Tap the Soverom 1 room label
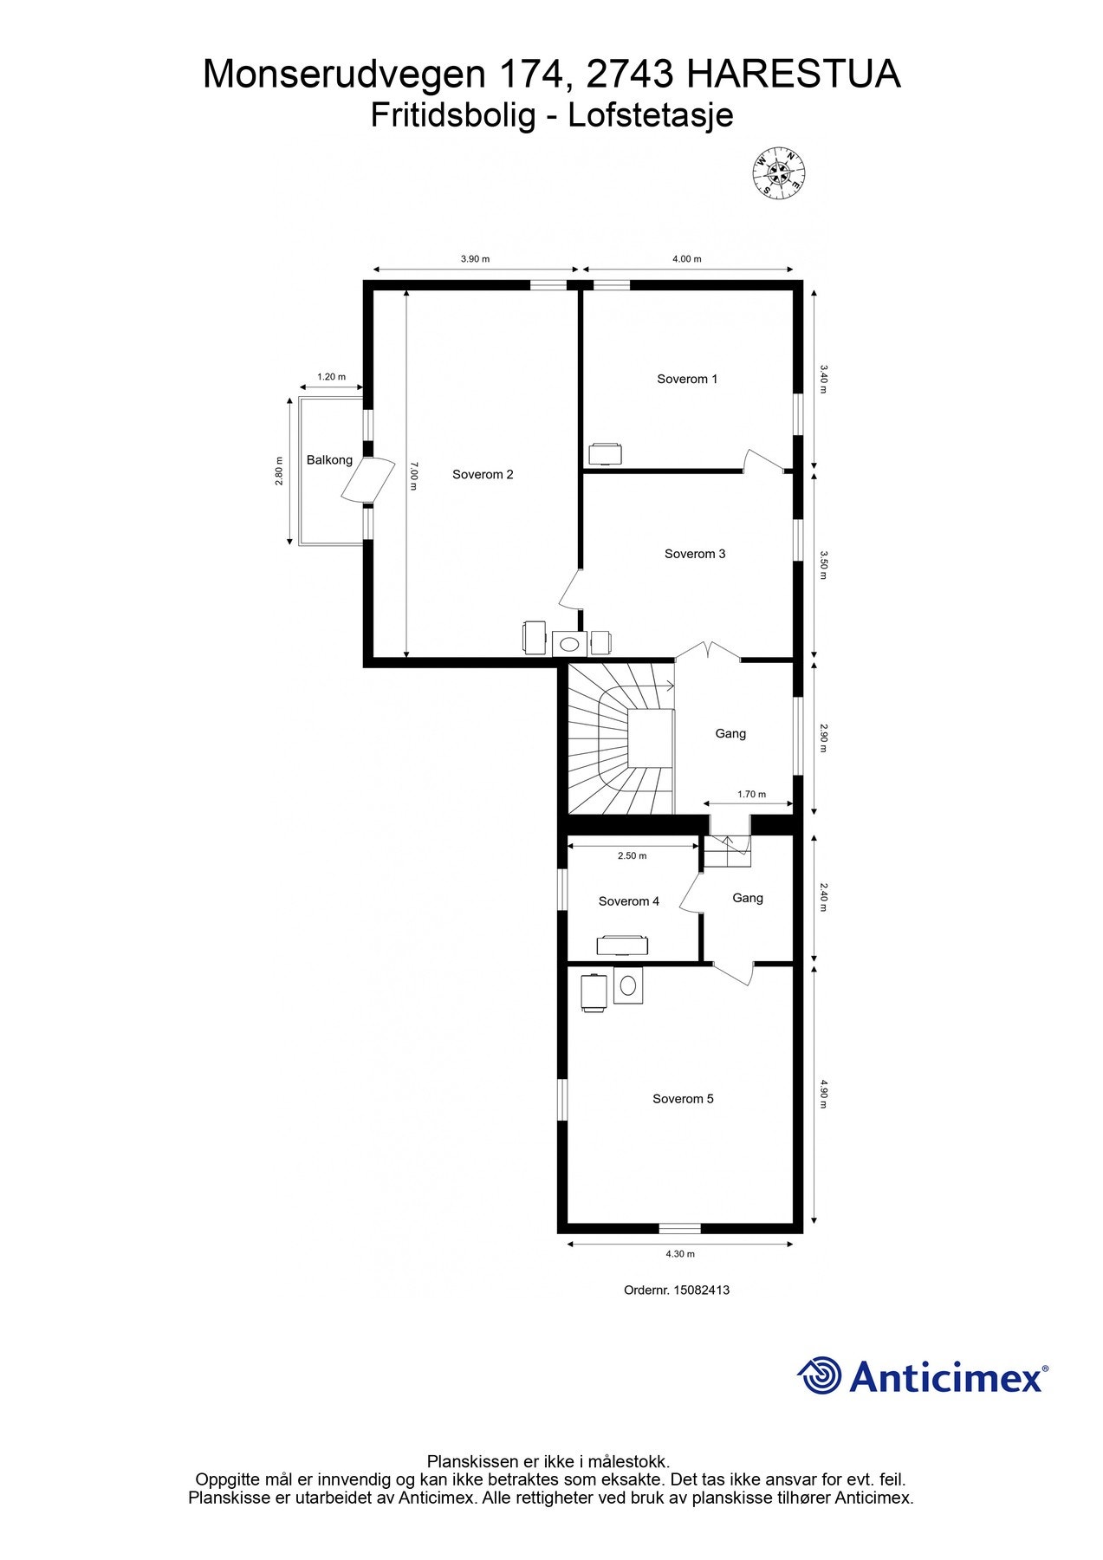click(x=687, y=379)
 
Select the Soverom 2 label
click(x=483, y=474)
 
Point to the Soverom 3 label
click(x=695, y=554)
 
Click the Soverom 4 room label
click(x=629, y=901)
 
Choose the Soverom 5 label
click(x=683, y=1099)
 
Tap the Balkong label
click(x=329, y=460)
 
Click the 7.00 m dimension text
click(x=414, y=475)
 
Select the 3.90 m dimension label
click(x=475, y=259)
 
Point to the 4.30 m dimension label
click(x=680, y=1254)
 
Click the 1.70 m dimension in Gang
click(x=751, y=794)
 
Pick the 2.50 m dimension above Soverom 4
click(x=632, y=855)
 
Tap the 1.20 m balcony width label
click(x=331, y=377)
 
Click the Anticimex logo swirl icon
click(x=820, y=1375)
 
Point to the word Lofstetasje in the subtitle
click(x=651, y=115)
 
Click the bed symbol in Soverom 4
click(x=620, y=945)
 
